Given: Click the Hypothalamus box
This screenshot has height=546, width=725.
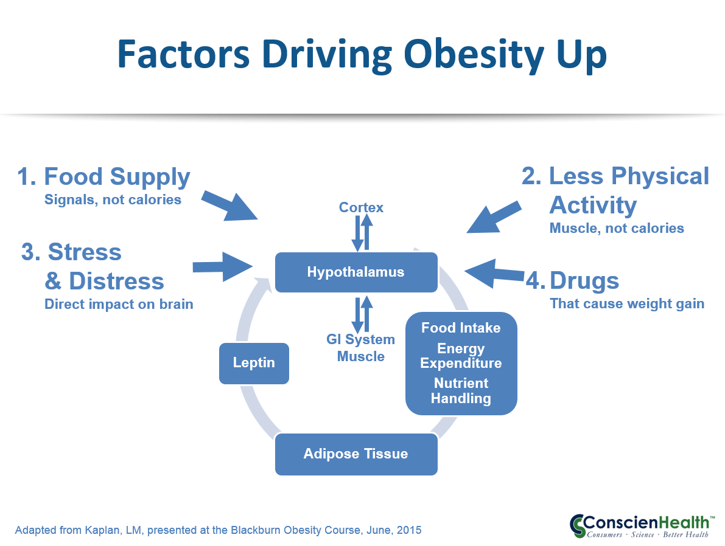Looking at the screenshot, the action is coord(356,272).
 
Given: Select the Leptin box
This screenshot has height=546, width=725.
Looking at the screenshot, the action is coord(254,363).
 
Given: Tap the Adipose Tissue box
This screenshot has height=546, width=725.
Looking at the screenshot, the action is coord(356,454).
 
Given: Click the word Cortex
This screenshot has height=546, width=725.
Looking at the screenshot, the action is coord(361,207).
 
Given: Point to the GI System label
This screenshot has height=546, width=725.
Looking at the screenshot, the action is coord(360,339).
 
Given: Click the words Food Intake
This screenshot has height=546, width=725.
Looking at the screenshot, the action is coord(461,328).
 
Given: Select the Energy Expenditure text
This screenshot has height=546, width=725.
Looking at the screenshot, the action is coord(461,356).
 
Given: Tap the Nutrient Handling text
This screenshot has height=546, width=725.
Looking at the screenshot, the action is coord(461,391).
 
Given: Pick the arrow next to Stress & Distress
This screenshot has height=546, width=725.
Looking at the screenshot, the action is coord(222,266).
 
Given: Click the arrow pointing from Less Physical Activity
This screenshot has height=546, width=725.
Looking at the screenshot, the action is coord(494,217).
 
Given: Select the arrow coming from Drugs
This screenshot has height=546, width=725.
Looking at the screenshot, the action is coord(494,274).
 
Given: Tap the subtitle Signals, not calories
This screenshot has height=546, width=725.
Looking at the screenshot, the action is coord(113,199).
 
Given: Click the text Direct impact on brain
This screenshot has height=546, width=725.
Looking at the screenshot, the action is coord(119,305).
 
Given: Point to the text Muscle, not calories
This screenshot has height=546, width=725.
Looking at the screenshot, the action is coord(617,228).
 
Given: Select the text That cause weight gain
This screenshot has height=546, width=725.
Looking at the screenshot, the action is coord(627,304).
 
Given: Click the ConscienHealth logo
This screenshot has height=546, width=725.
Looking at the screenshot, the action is coord(642,526).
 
